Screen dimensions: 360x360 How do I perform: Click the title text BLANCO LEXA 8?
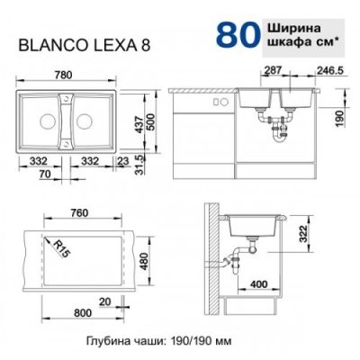(85, 46)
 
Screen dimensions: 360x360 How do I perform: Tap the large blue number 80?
(238, 36)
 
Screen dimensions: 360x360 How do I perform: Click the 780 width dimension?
(64, 75)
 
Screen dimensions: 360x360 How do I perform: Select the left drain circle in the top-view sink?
(47, 121)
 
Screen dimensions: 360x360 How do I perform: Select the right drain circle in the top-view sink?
(85, 121)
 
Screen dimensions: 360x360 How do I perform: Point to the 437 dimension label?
(139, 125)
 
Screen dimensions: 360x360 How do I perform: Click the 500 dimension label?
(151, 121)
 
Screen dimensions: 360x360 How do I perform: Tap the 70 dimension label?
(45, 174)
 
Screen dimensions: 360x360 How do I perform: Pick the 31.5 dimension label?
(139, 164)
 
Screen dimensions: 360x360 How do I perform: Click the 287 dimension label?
(273, 70)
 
